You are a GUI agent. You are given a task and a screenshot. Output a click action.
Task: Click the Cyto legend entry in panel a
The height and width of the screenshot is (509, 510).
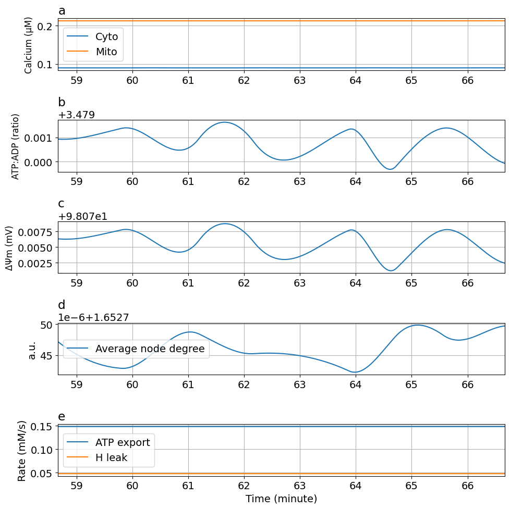(106, 36)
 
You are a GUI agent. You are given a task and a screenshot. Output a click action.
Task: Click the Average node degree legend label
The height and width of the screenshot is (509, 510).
(150, 349)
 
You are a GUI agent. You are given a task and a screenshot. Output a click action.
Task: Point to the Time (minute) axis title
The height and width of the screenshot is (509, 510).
(281, 499)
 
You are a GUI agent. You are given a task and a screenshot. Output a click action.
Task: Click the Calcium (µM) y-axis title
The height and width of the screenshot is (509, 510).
(29, 45)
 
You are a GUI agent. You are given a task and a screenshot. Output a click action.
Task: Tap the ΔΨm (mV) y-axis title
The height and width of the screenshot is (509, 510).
(9, 247)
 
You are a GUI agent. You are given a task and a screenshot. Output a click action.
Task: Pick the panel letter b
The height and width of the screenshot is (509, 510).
(62, 103)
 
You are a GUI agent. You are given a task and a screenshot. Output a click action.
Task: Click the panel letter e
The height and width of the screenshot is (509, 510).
(62, 416)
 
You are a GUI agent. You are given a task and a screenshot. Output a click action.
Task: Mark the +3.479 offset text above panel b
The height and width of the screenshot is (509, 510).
(76, 115)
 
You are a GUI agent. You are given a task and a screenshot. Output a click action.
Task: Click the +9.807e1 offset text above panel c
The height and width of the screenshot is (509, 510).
(82, 217)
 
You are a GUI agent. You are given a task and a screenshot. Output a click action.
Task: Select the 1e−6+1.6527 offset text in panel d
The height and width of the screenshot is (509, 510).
(93, 317)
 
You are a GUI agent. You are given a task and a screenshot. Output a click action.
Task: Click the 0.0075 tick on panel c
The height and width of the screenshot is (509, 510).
(37, 232)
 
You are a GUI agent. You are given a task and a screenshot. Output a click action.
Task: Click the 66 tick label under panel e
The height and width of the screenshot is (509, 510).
(467, 485)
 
